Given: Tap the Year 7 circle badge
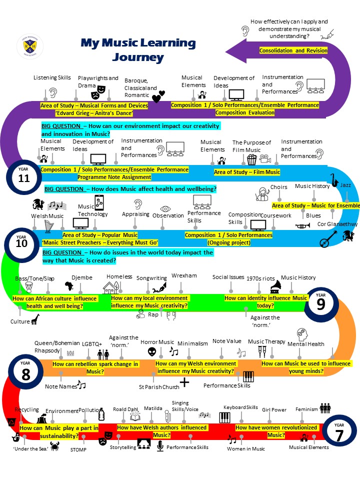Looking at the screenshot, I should (x=339, y=432).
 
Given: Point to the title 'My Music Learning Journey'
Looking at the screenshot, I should (x=124, y=50).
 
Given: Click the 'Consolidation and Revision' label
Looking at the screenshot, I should (x=293, y=50).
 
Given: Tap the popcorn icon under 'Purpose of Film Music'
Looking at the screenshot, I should (x=251, y=159).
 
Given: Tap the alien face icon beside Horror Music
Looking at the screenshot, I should (x=152, y=352).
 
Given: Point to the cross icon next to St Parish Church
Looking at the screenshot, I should (x=184, y=382).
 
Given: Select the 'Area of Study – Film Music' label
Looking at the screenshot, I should (x=247, y=172).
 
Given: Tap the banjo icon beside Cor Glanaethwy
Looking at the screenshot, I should (x=326, y=239).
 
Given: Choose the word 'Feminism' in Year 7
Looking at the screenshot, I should (x=306, y=409).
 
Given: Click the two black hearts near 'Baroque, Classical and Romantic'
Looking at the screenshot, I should (x=158, y=96).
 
